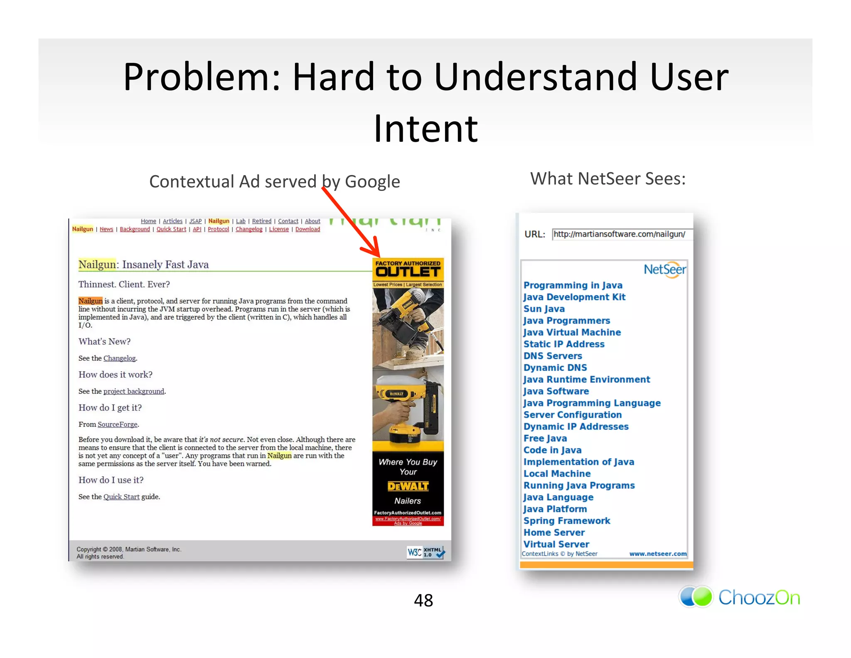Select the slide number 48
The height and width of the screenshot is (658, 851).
click(x=423, y=600)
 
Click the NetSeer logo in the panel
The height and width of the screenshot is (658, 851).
click(x=664, y=270)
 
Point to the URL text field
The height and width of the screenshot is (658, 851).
click(x=621, y=235)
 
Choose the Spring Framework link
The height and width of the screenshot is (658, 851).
click(x=566, y=521)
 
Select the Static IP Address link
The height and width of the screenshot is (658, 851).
click(x=563, y=344)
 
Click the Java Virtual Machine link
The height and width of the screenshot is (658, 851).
click(x=572, y=332)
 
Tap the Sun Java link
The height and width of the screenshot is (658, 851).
click(x=544, y=309)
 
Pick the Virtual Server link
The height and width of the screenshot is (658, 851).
click(x=556, y=544)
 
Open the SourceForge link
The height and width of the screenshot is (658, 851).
click(x=117, y=424)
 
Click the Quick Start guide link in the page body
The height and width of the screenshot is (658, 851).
click(x=121, y=497)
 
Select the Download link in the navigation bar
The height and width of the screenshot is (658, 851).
click(x=307, y=229)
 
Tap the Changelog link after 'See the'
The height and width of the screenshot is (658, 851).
click(x=119, y=358)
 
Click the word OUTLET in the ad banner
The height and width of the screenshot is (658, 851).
click(x=408, y=272)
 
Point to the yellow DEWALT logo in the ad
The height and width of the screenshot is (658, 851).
click(x=408, y=486)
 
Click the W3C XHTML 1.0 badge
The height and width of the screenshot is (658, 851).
click(x=426, y=552)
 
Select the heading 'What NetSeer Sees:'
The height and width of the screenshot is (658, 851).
click(x=608, y=179)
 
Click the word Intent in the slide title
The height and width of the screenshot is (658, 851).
click(x=425, y=129)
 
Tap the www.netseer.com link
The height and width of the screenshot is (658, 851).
click(x=657, y=554)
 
